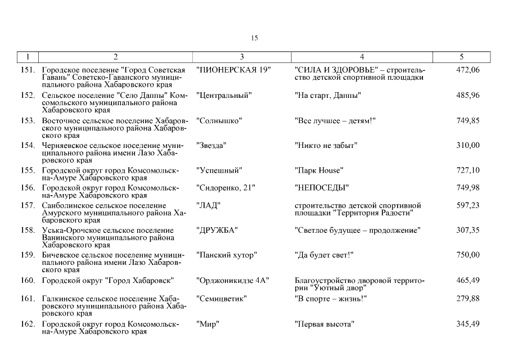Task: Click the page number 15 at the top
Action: click(x=254, y=38)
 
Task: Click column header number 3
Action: click(x=242, y=56)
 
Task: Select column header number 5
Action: click(x=462, y=56)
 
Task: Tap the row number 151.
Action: click(x=28, y=70)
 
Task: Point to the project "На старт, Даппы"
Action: click(x=328, y=95)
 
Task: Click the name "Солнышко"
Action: click(x=219, y=120)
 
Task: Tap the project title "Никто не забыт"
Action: click(x=326, y=146)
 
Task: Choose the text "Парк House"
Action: click(x=319, y=170)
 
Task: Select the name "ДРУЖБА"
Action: click(x=217, y=230)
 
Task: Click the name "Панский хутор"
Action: click(x=227, y=255)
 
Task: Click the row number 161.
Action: click(x=28, y=299)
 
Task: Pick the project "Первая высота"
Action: click(x=324, y=324)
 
